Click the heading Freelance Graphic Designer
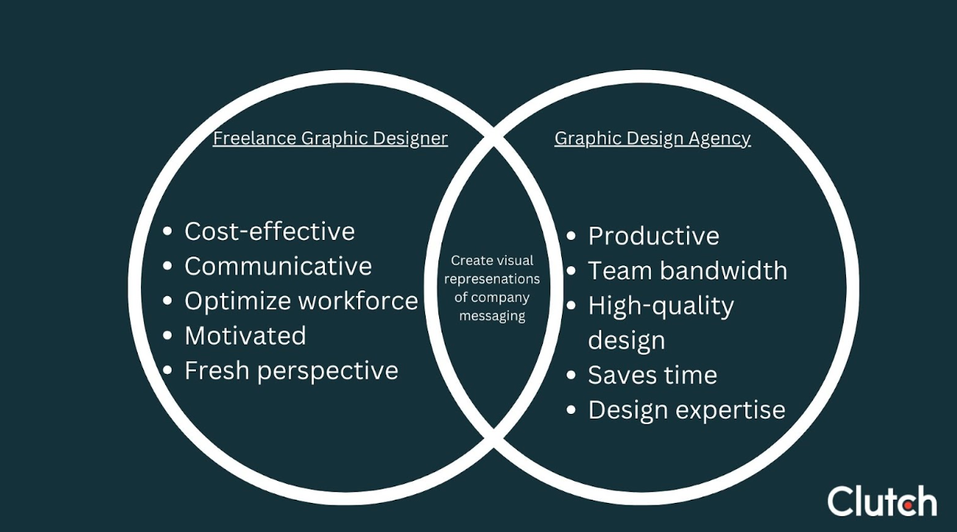(330, 139)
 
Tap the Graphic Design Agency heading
(652, 139)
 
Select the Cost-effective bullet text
(269, 231)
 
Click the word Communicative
(278, 266)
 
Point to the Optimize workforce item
(301, 301)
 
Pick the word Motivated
(245, 336)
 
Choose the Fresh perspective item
(291, 371)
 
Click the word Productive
(653, 236)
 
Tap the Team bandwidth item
(687, 271)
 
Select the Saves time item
(652, 375)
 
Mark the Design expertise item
(686, 410)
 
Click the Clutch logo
(881, 501)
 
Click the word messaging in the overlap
(492, 316)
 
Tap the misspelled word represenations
(492, 279)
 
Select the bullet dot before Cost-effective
(167, 232)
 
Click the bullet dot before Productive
(571, 237)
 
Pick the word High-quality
(660, 305)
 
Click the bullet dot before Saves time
(571, 376)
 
